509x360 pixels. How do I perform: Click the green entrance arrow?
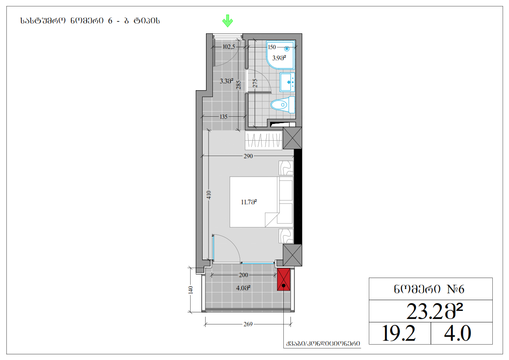click(x=227, y=21)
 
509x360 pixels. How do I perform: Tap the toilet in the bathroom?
click(x=283, y=105)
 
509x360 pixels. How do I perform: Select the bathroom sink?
click(x=287, y=82)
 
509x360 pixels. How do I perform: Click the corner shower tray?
click(x=280, y=55)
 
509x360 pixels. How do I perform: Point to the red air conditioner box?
click(x=283, y=280)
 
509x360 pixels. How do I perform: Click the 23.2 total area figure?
click(x=434, y=311)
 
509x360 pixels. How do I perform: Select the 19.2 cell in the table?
click(x=399, y=333)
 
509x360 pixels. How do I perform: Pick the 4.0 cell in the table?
click(x=458, y=333)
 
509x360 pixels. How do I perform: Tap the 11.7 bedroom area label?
click(x=249, y=202)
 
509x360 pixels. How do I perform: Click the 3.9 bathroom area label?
click(x=279, y=58)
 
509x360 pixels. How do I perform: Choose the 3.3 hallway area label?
click(x=227, y=81)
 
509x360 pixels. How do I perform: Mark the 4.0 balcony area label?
click(x=243, y=288)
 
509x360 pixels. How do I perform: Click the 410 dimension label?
click(x=209, y=195)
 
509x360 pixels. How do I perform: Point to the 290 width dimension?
click(x=248, y=156)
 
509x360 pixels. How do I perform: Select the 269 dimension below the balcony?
click(x=248, y=324)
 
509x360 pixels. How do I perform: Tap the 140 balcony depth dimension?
click(x=191, y=290)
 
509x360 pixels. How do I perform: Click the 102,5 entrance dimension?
click(x=229, y=47)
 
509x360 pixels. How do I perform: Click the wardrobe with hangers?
click(x=264, y=140)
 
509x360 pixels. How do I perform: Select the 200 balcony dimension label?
click(x=244, y=275)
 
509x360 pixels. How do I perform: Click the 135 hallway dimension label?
click(x=224, y=117)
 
